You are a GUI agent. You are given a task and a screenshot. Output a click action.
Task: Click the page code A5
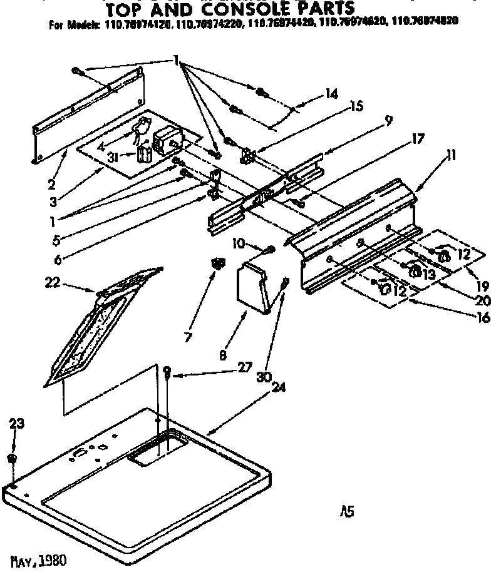pyautogui.click(x=348, y=511)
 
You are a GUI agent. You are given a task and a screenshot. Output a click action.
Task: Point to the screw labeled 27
pyautogui.click(x=168, y=374)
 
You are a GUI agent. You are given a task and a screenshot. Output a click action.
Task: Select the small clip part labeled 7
pyautogui.click(x=217, y=265)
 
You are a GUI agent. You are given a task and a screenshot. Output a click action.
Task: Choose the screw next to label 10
pyautogui.click(x=270, y=250)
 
